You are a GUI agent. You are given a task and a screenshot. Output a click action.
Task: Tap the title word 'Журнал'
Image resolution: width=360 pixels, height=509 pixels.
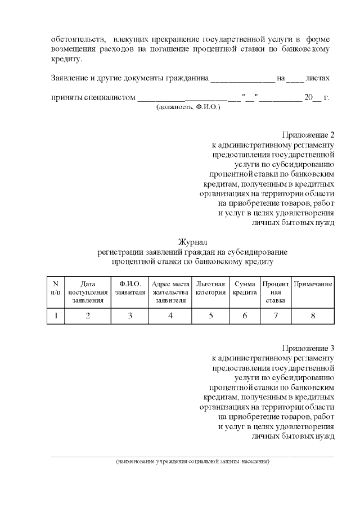click(x=193, y=242)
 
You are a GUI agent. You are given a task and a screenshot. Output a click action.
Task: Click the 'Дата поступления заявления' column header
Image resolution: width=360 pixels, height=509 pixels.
click(x=88, y=292)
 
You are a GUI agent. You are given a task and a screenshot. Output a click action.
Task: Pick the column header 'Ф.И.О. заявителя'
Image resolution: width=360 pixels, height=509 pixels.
click(x=130, y=288)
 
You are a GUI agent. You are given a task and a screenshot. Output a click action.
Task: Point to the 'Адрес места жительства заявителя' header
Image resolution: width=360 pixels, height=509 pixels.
click(x=170, y=292)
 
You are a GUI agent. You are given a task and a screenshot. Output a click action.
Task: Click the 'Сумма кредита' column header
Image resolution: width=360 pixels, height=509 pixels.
click(x=245, y=288)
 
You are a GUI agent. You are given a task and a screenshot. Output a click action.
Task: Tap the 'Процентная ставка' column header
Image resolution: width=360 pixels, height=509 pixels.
click(x=276, y=292)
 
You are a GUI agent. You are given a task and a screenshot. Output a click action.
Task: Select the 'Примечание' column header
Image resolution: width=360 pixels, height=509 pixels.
click(x=313, y=284)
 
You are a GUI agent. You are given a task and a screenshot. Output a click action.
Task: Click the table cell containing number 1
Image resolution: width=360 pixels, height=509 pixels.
click(x=56, y=316)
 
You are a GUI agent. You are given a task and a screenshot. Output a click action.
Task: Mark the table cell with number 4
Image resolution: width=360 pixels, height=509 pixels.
click(x=170, y=316)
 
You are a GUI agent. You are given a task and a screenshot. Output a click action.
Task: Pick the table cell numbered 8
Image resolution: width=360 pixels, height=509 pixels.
click(x=313, y=316)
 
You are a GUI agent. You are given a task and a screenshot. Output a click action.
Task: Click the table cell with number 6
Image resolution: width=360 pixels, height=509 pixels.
click(x=245, y=316)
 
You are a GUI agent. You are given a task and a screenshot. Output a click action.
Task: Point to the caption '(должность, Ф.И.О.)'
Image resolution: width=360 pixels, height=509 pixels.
click(x=188, y=106)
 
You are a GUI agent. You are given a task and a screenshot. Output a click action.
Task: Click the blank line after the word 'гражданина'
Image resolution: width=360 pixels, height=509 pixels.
click(x=242, y=78)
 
